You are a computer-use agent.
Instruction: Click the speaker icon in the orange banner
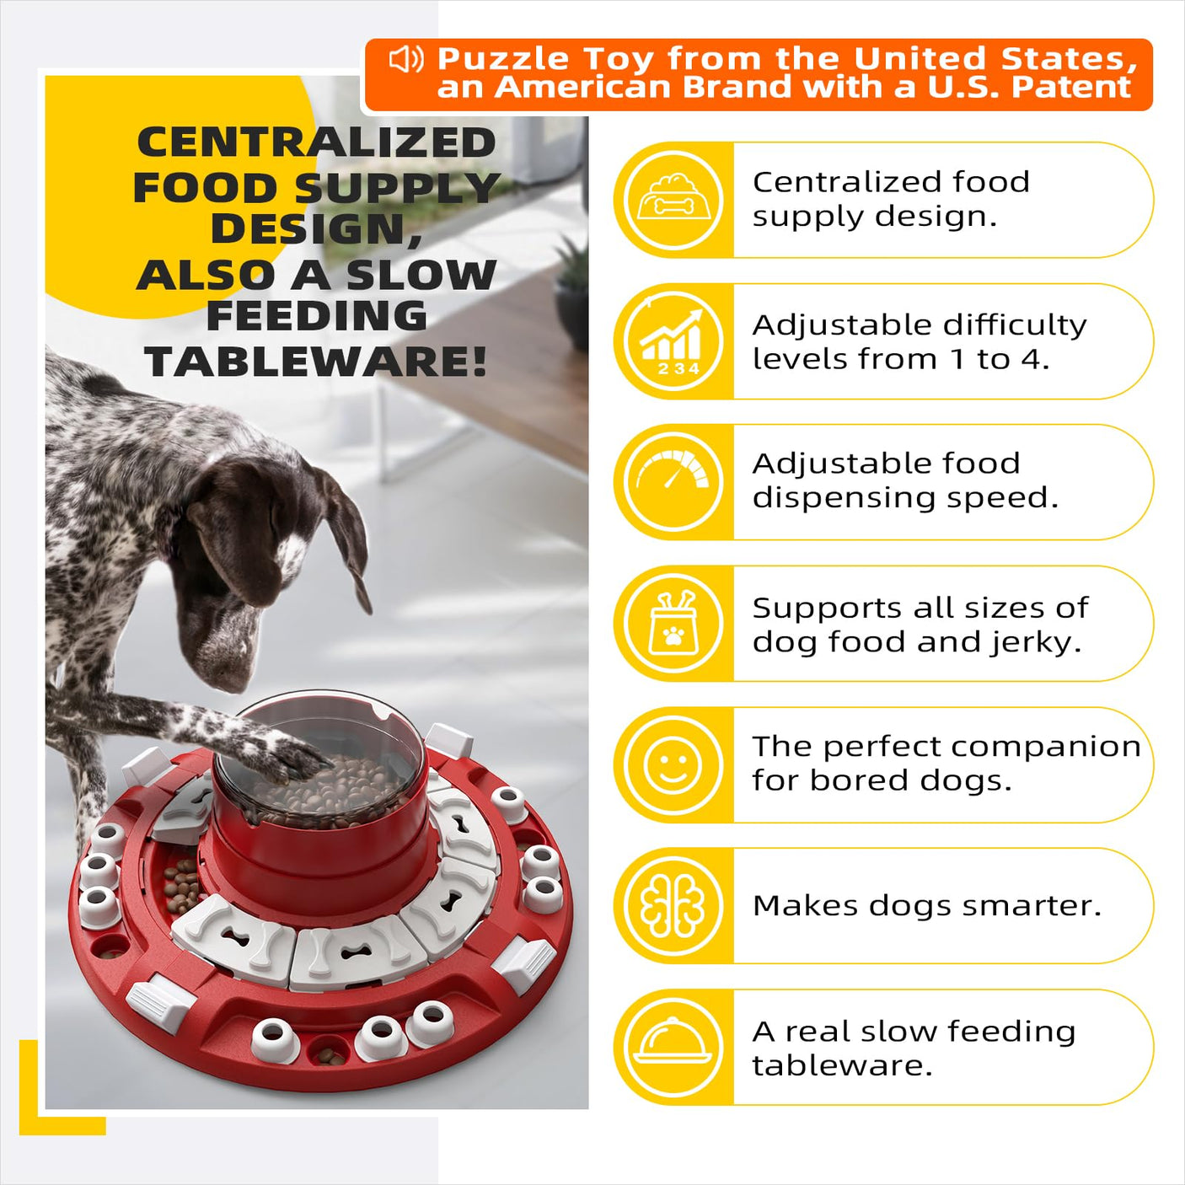click(x=406, y=60)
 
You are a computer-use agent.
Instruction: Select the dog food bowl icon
click(x=673, y=199)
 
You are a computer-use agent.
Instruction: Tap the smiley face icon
click(x=672, y=764)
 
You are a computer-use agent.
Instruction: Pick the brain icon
click(x=672, y=906)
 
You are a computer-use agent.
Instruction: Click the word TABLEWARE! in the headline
click(x=316, y=362)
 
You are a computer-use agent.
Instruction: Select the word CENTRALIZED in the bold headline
click(x=316, y=142)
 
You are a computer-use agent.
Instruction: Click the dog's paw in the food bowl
click(x=294, y=759)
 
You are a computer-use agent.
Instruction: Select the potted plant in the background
click(x=572, y=289)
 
